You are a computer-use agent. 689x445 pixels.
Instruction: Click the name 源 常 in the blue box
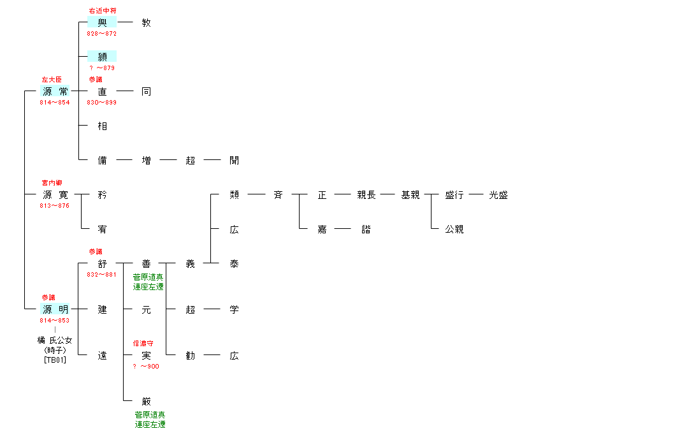point(55,92)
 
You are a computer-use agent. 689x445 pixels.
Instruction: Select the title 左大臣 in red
point(52,80)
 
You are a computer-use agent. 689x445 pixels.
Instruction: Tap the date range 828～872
point(102,33)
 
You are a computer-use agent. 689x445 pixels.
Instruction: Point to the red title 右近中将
point(103,11)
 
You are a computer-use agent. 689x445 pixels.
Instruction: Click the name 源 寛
point(55,195)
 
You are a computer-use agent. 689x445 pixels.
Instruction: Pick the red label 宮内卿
point(52,183)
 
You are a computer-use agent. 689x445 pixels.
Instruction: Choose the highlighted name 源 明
point(55,310)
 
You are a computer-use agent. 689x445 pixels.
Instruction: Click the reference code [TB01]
point(55,360)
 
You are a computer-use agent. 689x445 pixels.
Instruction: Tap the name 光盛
point(498,195)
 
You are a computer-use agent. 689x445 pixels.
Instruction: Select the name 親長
point(366,195)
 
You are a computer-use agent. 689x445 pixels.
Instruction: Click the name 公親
point(454,230)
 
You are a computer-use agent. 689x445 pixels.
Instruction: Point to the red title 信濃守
point(143,344)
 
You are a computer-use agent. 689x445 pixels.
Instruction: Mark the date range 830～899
point(102,102)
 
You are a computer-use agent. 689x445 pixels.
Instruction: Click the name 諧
point(366,230)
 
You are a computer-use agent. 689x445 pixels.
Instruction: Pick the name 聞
point(234,161)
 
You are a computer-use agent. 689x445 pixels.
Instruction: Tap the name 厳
point(147,402)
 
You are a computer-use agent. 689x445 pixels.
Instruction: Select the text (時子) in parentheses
point(55,350)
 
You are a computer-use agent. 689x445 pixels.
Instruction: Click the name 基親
point(410,195)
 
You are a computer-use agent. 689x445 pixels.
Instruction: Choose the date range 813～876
point(55,205)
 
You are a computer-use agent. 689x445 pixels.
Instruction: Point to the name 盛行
point(454,195)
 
